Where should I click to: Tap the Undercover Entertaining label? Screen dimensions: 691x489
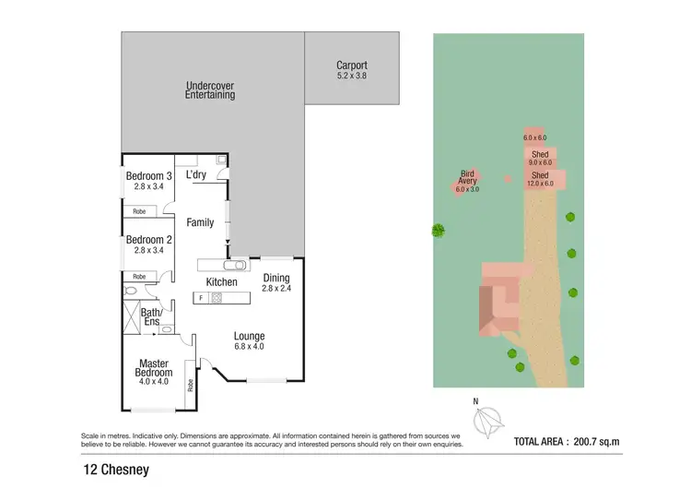pos(209,89)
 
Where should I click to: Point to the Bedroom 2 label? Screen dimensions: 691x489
pos(148,244)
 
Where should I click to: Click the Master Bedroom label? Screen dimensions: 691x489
pos(156,368)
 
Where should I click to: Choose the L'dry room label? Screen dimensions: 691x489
pos(195,174)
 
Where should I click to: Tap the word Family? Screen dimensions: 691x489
pos(200,222)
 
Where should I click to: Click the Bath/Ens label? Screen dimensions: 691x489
pos(151,316)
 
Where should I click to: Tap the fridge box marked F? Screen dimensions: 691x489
pos(201,298)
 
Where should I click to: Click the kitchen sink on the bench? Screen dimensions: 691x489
pos(235,264)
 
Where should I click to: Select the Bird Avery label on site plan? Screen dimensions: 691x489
pos(468,180)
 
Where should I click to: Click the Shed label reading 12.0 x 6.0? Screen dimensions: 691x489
pos(540,179)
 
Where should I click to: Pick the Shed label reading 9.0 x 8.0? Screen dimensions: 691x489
pos(540,158)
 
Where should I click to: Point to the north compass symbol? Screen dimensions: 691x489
pos(486,422)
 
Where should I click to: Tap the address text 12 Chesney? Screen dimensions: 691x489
pos(114,471)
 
